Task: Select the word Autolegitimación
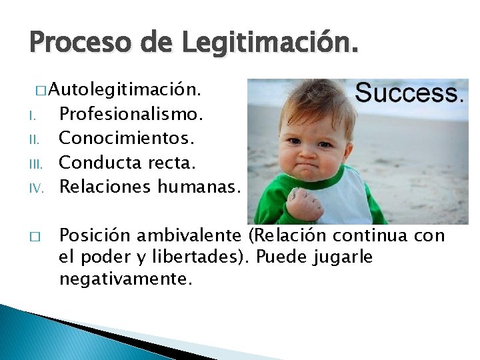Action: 126,89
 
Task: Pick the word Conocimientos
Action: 127,138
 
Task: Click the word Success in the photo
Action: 407,93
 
